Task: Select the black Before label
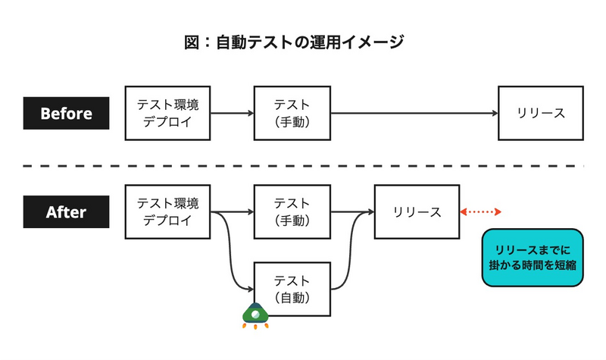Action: (x=66, y=114)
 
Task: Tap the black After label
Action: (x=66, y=212)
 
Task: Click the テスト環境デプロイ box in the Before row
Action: (x=167, y=114)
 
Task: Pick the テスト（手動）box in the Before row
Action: (x=292, y=114)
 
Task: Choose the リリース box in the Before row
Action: (x=541, y=114)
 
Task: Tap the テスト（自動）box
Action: (x=292, y=289)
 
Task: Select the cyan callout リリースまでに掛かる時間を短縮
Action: (x=533, y=257)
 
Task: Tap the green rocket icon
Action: (x=255, y=315)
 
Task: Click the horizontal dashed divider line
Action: (x=303, y=165)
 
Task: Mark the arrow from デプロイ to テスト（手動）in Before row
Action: (x=232, y=114)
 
